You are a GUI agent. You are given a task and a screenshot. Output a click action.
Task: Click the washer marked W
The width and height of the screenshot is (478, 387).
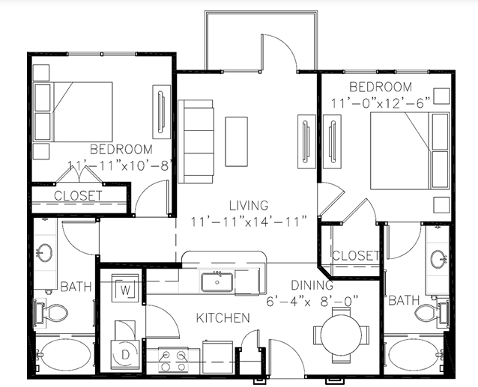tap(125, 288)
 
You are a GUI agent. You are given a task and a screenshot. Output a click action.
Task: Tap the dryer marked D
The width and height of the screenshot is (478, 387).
tap(125, 350)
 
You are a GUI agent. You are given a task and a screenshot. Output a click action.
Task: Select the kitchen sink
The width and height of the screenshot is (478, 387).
tap(217, 282)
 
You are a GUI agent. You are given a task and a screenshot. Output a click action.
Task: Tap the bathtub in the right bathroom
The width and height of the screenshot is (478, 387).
tap(414, 360)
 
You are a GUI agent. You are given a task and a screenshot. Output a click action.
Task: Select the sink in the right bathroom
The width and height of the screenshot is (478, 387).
tap(439, 259)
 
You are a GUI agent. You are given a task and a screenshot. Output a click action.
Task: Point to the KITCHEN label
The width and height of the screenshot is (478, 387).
tap(223, 318)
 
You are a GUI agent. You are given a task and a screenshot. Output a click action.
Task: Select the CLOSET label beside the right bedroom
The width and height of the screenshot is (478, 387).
tap(355, 255)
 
